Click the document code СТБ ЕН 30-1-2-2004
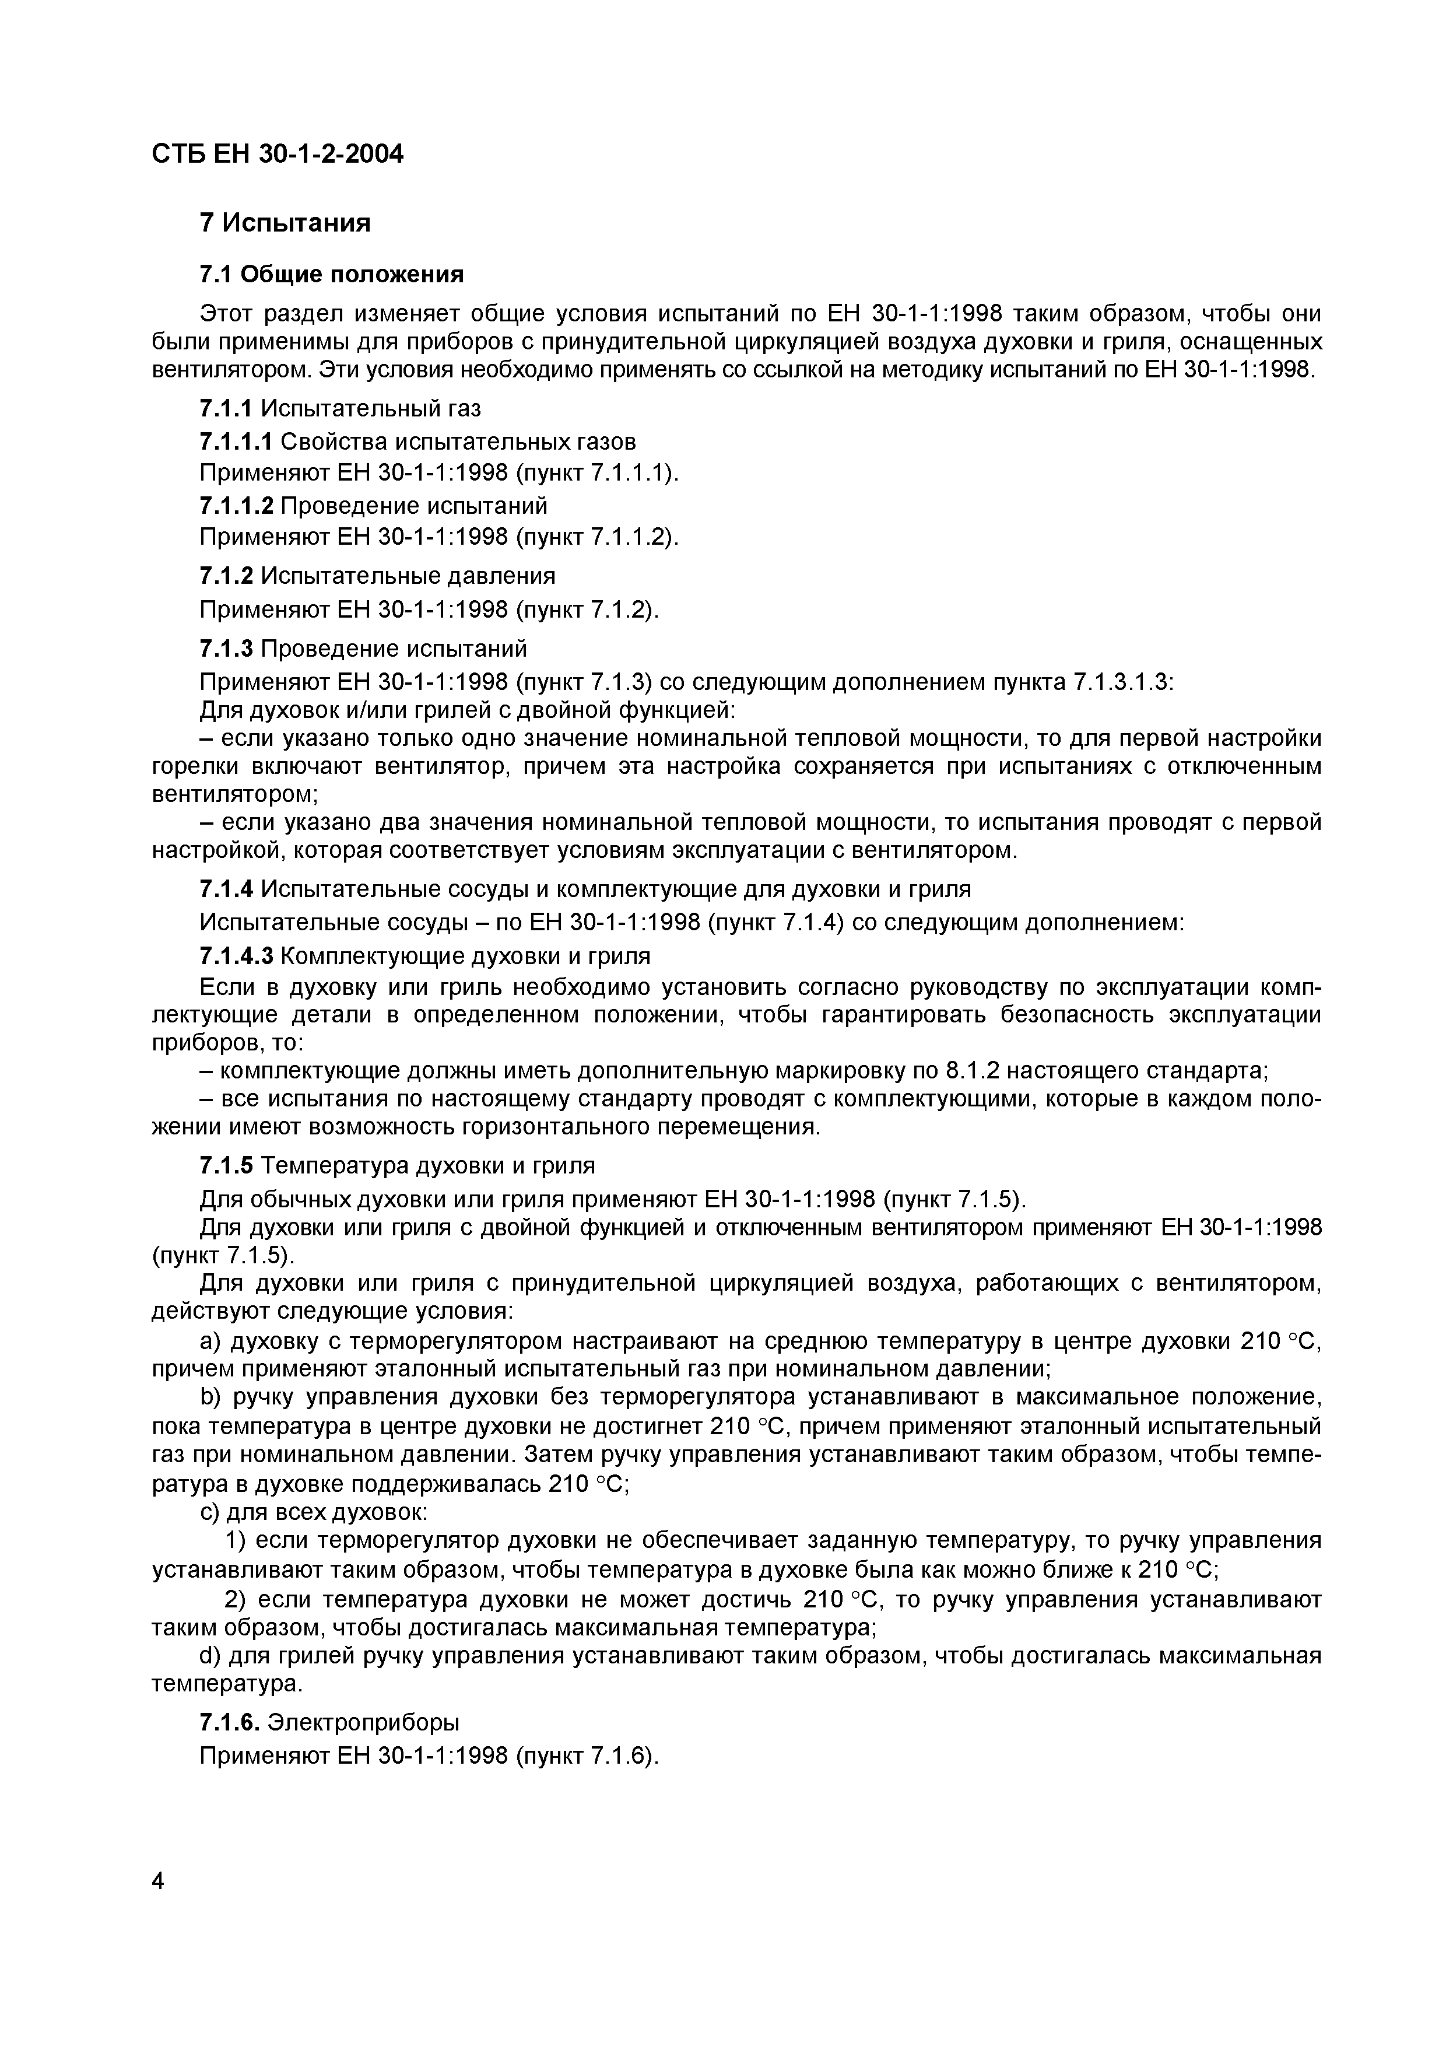tap(277, 154)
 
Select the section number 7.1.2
tap(226, 576)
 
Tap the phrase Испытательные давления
tap(408, 576)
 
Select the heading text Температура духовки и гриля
tap(427, 1165)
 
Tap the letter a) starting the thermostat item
tap(210, 1341)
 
